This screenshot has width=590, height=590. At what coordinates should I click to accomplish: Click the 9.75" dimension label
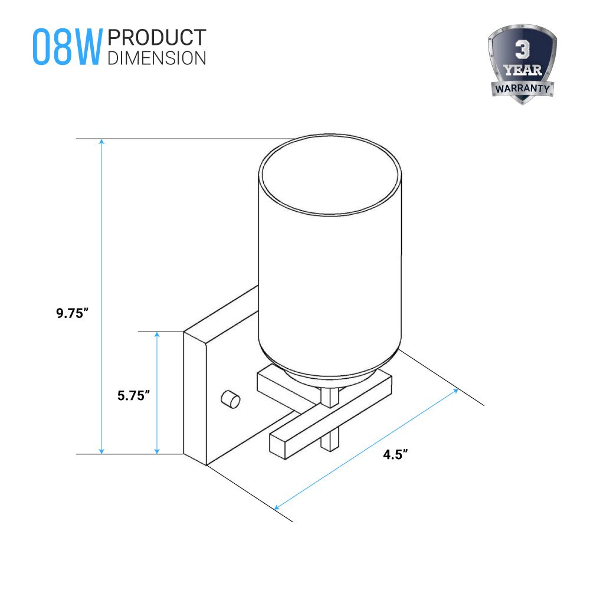[x=72, y=313]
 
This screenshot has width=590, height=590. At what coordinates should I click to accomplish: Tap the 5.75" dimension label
[x=133, y=395]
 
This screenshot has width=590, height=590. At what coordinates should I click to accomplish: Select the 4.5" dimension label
[x=395, y=454]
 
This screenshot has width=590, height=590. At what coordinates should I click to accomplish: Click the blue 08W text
[x=67, y=47]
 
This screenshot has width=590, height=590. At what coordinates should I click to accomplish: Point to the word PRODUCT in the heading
[x=157, y=38]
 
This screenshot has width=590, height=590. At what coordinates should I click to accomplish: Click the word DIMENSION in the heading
[x=157, y=58]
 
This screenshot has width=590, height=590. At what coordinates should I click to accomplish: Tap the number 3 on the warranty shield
[x=522, y=50]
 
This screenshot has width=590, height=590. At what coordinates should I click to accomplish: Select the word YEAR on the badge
[x=522, y=70]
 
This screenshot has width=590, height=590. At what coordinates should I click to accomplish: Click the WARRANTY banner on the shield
[x=522, y=89]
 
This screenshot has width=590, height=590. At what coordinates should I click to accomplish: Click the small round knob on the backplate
[x=230, y=399]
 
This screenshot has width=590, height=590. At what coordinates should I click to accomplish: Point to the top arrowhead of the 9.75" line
[x=101, y=142]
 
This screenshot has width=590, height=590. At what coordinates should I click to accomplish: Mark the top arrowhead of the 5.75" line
[x=158, y=335]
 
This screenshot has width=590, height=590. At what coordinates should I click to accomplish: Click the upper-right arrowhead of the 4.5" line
[x=455, y=391]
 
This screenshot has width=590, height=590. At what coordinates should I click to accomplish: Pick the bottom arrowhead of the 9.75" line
[x=101, y=451]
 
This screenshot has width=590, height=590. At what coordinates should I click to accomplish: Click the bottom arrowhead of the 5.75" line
[x=158, y=451]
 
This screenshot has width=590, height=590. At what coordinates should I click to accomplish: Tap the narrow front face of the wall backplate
[x=195, y=398]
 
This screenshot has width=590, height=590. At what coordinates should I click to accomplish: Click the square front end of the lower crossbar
[x=277, y=446]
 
